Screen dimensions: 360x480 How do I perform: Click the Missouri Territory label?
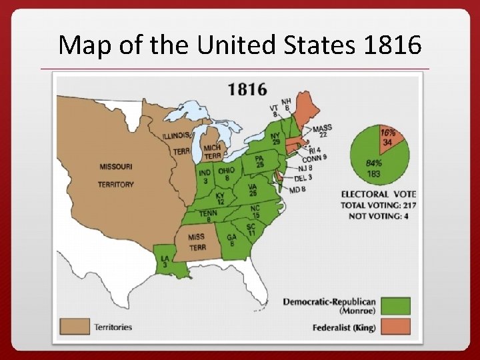pos(116,175)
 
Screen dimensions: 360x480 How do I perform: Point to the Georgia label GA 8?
pos(231,241)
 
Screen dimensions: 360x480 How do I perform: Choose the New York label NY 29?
pos(276,138)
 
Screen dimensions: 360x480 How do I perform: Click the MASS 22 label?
pos(323,131)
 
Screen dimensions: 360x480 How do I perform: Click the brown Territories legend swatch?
pos(75,327)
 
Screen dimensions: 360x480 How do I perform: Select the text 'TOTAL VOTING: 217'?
pos(378,205)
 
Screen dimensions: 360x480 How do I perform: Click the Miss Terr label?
pos(197,242)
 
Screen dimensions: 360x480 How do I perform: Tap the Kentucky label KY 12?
pos(221,199)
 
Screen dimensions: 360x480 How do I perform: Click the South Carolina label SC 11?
pos(251,231)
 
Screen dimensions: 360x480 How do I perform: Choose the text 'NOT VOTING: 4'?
pos(378,215)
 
